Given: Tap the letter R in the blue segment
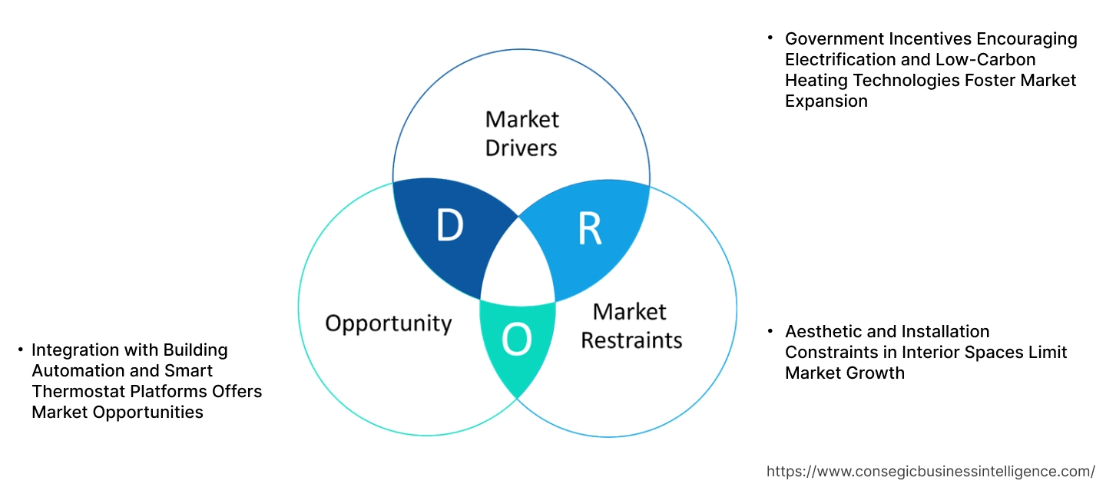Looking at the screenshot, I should (589, 228).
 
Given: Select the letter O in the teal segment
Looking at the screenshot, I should (516, 340).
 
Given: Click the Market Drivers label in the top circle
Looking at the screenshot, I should (522, 133).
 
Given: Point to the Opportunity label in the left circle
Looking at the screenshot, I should (388, 323).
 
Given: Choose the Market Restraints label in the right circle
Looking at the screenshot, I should (631, 325).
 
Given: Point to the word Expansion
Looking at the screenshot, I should (826, 101).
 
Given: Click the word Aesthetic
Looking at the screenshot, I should (821, 332).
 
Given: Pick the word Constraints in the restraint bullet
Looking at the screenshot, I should (831, 353).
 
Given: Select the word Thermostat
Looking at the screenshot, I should (78, 392).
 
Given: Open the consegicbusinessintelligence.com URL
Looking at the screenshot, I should (930, 471).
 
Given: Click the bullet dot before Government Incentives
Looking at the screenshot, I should (770, 37).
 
